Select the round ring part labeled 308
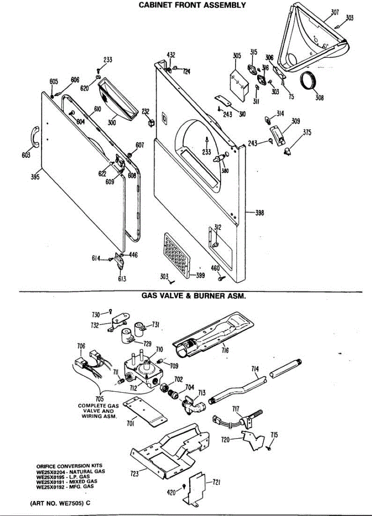[x=308, y=81]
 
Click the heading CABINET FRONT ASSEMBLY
[x=192, y=5]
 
